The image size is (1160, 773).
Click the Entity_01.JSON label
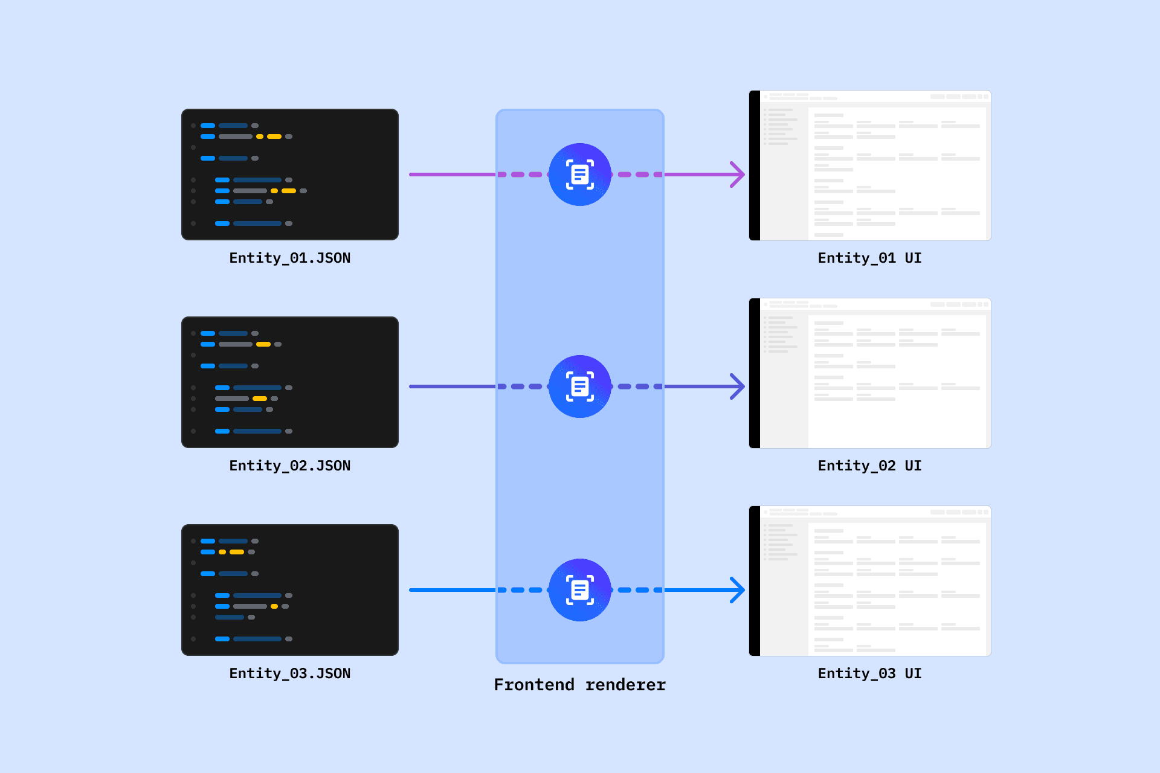[x=290, y=258]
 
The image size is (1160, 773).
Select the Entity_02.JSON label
[x=290, y=466]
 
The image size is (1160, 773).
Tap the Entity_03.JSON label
[x=290, y=673]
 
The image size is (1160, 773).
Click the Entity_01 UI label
[x=870, y=258]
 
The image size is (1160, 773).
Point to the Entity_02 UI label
[x=870, y=466]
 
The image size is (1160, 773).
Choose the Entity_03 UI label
[x=870, y=673]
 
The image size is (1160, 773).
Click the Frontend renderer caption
[x=580, y=685]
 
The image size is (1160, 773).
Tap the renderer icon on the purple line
[x=580, y=175]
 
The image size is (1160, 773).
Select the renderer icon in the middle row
[x=580, y=386]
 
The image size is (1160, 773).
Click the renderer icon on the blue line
[x=580, y=590]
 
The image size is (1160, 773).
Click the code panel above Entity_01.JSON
[x=290, y=175]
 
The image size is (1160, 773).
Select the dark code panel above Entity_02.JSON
[x=290, y=382]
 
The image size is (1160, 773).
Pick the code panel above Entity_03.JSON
[x=290, y=590]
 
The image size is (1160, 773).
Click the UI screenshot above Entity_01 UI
[x=870, y=165]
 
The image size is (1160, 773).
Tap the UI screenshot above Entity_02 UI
[x=870, y=373]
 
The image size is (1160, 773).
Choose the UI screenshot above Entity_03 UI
[x=870, y=581]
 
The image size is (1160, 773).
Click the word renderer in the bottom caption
[x=626, y=685]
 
